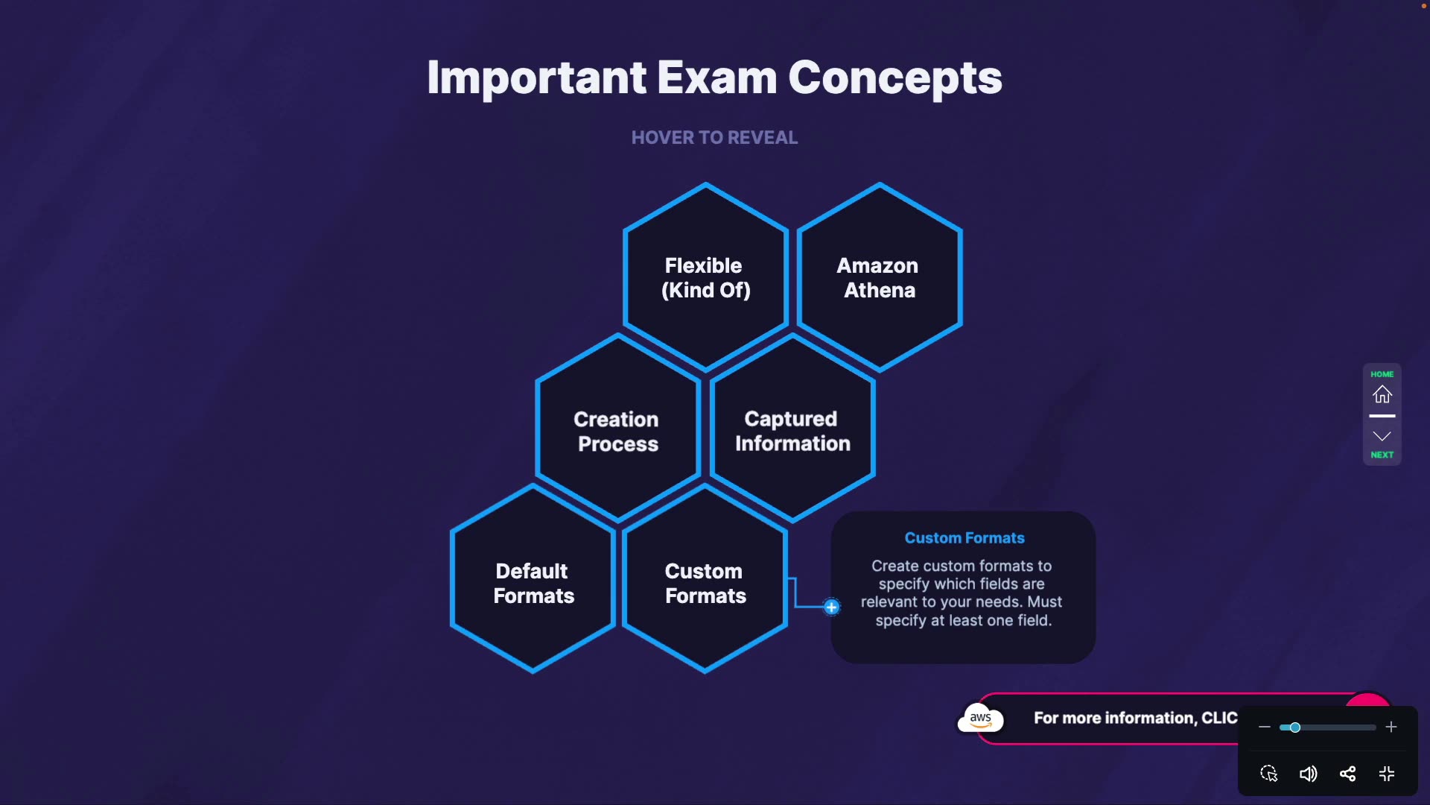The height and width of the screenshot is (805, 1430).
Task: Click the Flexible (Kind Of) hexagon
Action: coord(705,277)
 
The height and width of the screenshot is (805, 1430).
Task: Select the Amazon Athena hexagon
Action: coord(879,277)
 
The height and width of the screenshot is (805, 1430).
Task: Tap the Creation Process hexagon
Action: coord(617,431)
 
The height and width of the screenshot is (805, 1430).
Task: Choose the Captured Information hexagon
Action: coord(792,431)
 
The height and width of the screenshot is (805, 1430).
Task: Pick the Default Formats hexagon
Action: coord(533,583)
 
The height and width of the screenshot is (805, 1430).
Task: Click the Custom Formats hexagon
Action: coord(705,583)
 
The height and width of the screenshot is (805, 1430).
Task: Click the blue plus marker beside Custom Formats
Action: coord(831,607)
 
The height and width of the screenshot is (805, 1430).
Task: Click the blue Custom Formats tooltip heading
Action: coord(964,538)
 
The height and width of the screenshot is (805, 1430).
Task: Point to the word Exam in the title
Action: coord(716,78)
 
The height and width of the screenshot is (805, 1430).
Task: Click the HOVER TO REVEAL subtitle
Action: coord(714,138)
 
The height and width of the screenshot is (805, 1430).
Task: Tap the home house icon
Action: coord(1382,394)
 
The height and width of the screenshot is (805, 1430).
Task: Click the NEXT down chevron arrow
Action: coord(1382,437)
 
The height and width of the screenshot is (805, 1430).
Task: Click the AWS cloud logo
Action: coord(980,719)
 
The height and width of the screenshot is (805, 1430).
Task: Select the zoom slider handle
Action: coord(1294,727)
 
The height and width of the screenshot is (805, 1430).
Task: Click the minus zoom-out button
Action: coord(1264,727)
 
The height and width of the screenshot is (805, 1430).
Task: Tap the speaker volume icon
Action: coord(1308,774)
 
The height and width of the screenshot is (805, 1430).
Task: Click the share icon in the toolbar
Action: coord(1347,774)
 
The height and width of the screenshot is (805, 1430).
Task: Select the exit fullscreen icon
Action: coord(1387,774)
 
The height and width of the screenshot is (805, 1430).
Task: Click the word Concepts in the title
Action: coord(894,78)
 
